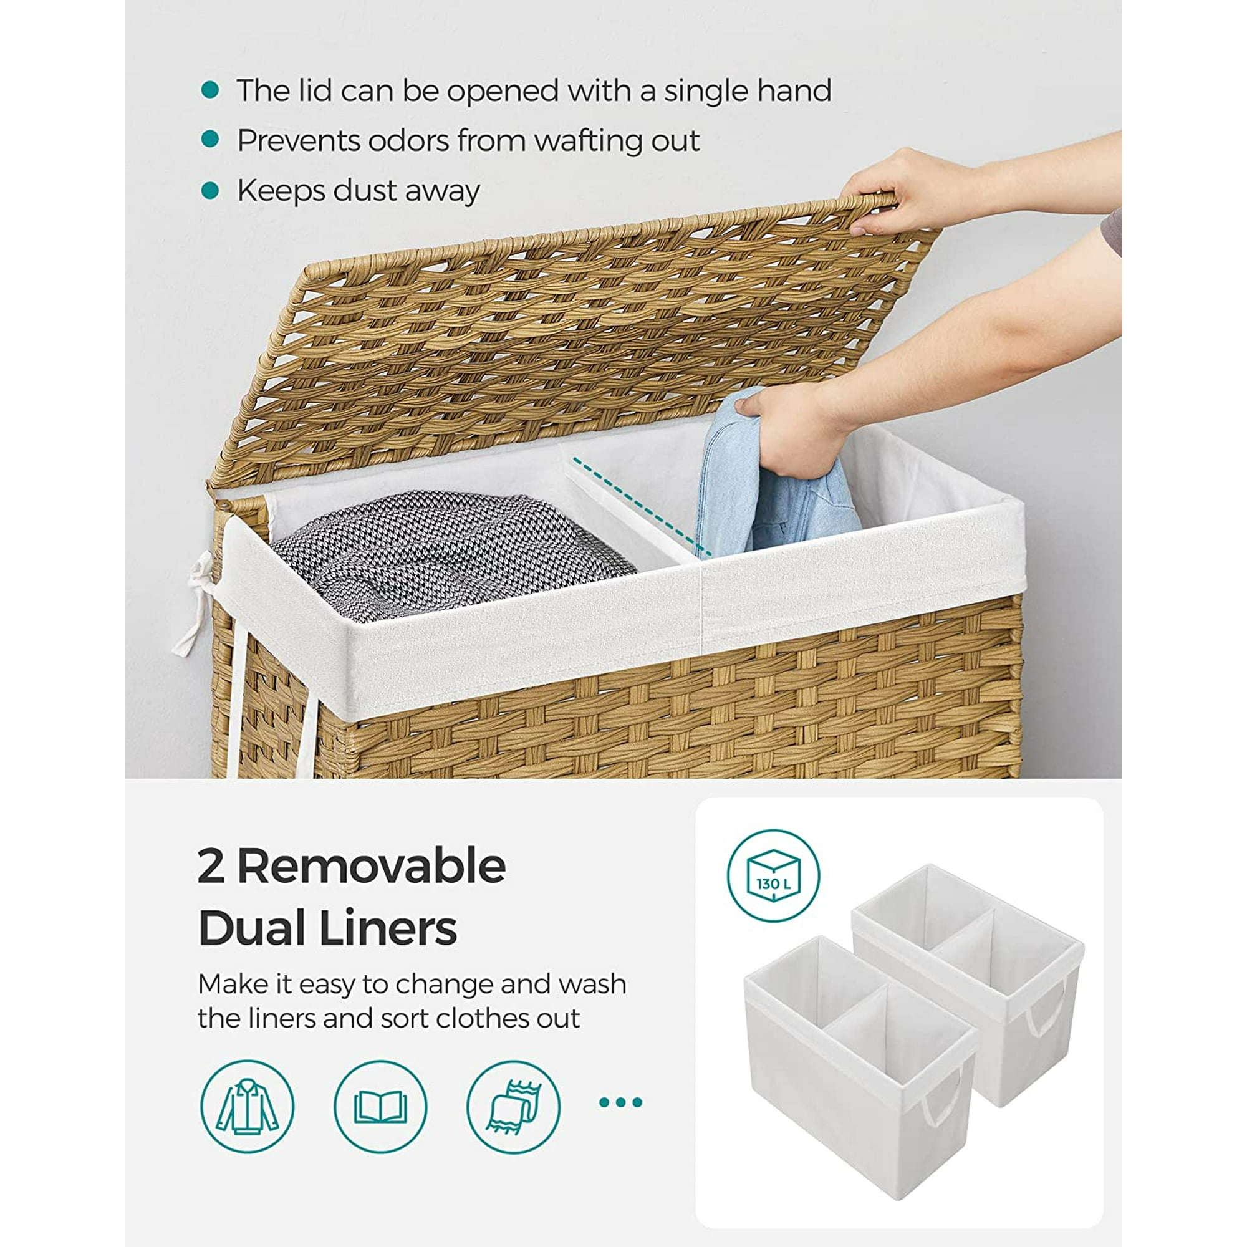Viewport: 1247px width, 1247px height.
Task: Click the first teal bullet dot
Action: [209, 90]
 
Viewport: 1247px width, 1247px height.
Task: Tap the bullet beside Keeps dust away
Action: [209, 190]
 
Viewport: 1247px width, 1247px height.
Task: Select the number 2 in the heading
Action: [211, 867]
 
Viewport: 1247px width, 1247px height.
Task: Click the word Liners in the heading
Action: [388, 930]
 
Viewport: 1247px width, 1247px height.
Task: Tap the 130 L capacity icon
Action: [773, 876]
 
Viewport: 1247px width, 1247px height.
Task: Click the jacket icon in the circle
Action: [247, 1106]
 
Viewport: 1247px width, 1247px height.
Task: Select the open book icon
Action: [380, 1106]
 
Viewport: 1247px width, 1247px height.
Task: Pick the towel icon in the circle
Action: [513, 1106]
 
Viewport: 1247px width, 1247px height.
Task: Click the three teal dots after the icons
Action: [620, 1102]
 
